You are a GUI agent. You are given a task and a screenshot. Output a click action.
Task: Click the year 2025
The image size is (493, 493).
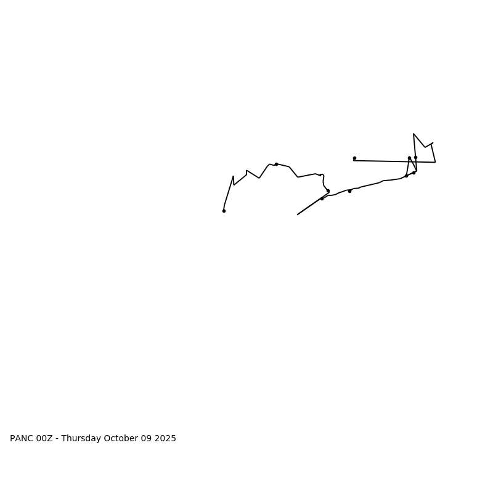tap(165, 439)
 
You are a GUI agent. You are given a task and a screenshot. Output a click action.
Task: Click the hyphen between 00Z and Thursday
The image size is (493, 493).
tap(57, 439)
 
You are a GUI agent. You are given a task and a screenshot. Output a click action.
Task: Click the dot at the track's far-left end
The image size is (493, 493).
tap(224, 211)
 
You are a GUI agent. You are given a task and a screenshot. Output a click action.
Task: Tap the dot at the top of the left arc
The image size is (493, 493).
tap(276, 164)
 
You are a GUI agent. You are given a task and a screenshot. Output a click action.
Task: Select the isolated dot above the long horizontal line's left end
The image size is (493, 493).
tap(354, 158)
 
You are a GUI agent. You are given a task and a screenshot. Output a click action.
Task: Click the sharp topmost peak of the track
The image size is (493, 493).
tap(414, 134)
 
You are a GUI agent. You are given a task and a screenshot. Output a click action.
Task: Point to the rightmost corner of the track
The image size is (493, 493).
tap(435, 162)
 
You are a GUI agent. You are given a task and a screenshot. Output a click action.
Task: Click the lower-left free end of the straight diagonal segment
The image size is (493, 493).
tap(298, 214)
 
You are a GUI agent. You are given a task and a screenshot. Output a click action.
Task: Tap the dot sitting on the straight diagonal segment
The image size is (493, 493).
tap(322, 198)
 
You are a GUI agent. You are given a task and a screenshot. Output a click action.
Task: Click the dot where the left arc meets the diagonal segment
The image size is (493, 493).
tap(328, 191)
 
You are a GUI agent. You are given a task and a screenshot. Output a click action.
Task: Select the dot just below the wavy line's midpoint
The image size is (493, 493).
tap(349, 191)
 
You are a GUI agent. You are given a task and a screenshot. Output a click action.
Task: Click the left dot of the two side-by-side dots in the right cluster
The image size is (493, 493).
tap(409, 158)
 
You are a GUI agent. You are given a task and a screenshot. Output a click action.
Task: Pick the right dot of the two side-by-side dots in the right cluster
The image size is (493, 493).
tap(415, 157)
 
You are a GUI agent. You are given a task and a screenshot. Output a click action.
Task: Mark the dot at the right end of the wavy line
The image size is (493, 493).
tap(414, 173)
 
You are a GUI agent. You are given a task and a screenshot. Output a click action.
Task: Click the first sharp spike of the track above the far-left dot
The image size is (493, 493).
tap(233, 176)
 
